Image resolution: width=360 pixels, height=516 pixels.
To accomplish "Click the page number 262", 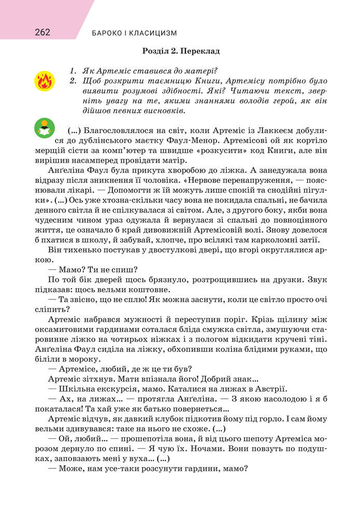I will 42,33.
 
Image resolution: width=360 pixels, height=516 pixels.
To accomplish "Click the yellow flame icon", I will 45,81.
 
